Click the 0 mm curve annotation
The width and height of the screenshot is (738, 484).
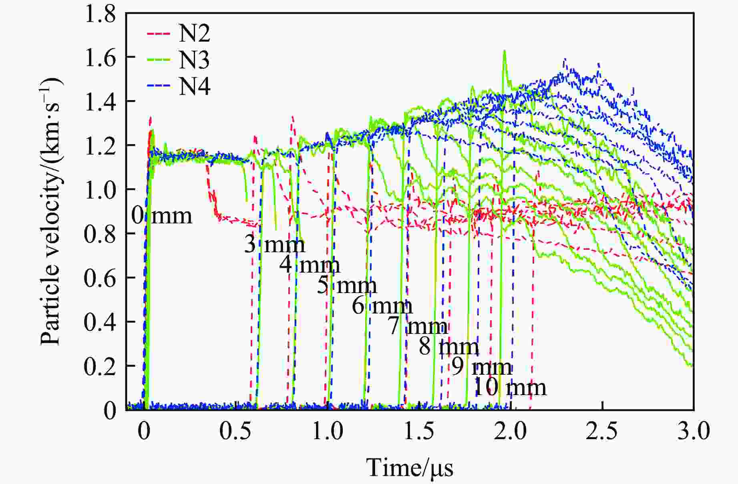click(x=162, y=216)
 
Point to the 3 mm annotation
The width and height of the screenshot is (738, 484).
click(x=275, y=244)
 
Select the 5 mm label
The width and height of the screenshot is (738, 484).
click(x=347, y=286)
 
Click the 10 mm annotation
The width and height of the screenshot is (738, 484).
click(x=510, y=388)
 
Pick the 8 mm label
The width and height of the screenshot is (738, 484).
click(x=449, y=347)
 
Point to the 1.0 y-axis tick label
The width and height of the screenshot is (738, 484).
click(x=100, y=190)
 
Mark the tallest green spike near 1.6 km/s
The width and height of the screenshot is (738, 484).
click(x=505, y=51)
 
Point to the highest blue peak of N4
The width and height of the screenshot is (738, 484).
click(x=565, y=60)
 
